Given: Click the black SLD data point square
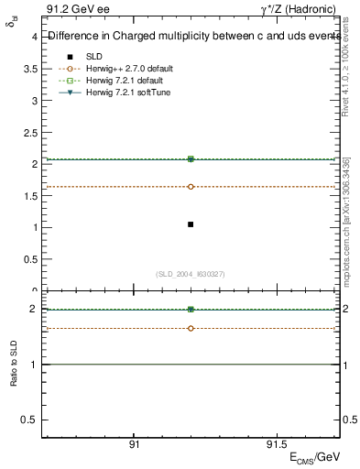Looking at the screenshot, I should click(x=191, y=224).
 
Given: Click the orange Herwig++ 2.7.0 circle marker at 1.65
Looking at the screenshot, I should click(x=191, y=187).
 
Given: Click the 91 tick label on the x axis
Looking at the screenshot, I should click(x=134, y=443).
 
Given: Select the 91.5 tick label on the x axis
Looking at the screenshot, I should click(x=275, y=443).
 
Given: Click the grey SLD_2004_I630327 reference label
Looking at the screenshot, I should click(x=191, y=275).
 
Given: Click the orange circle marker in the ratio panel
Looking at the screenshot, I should click(x=191, y=328).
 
